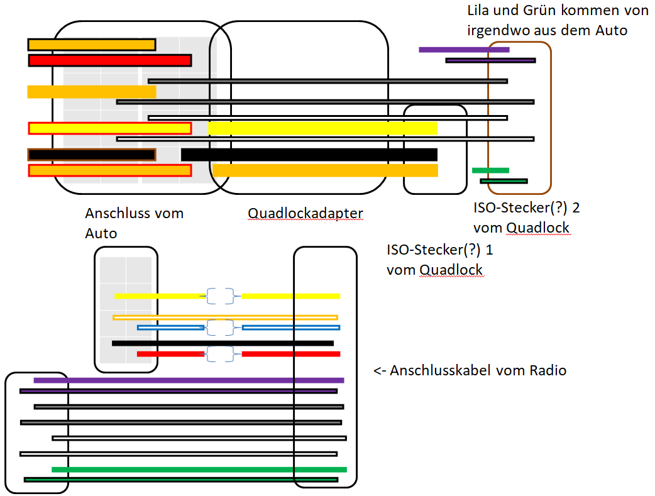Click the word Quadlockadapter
pos(305,214)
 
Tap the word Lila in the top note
pos(478,10)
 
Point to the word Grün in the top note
pos(538,10)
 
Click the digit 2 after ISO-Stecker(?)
pos(576,207)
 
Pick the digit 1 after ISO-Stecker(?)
pos(489,250)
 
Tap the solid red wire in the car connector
pos(110,60)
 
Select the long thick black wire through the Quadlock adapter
pos(309,155)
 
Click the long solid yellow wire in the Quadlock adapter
pos(323,128)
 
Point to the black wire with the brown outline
pos(92,155)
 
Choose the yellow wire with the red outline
pos(110,128)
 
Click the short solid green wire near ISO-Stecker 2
pos(490,170)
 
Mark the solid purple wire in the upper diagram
pos(464,50)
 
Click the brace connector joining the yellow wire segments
pos(220,296)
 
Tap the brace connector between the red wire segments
pos(220,355)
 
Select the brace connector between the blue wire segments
pos(220,328)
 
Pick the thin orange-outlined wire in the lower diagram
pos(226,317)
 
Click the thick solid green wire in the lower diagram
pos(199,470)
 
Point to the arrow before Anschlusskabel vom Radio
pos(380,371)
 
